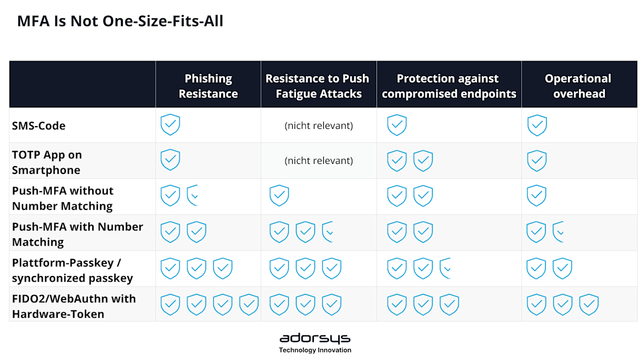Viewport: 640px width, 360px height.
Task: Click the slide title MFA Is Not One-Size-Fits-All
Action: [x=120, y=21]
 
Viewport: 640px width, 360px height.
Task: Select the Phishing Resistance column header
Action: [x=208, y=86]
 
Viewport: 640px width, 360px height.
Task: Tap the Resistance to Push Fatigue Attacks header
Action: [x=318, y=86]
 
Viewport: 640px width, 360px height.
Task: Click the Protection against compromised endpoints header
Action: [x=449, y=86]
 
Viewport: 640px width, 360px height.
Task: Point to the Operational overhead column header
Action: [x=578, y=86]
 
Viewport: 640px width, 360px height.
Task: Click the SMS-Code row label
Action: [x=39, y=126]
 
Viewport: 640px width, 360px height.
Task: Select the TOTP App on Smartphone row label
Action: [x=47, y=162]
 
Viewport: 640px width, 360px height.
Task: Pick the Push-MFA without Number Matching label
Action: [x=62, y=198]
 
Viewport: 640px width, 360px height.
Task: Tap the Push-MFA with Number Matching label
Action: [x=78, y=234]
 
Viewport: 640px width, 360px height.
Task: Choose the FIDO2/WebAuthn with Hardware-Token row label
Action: [x=74, y=306]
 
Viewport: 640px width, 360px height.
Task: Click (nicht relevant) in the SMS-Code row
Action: [x=319, y=126]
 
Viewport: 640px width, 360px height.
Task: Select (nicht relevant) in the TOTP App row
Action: [x=319, y=161]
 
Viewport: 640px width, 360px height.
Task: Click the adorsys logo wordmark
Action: [x=314, y=338]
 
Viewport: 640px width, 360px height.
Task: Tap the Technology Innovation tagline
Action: [x=314, y=350]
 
